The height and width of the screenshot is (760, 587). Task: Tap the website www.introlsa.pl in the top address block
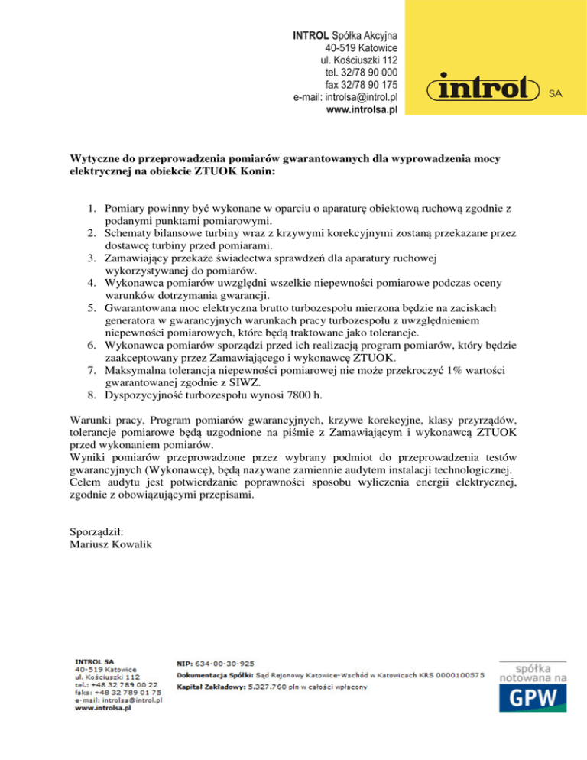point(362,110)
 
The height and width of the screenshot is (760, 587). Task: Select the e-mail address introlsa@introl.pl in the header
point(362,98)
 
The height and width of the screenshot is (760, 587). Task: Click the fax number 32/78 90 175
point(372,85)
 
